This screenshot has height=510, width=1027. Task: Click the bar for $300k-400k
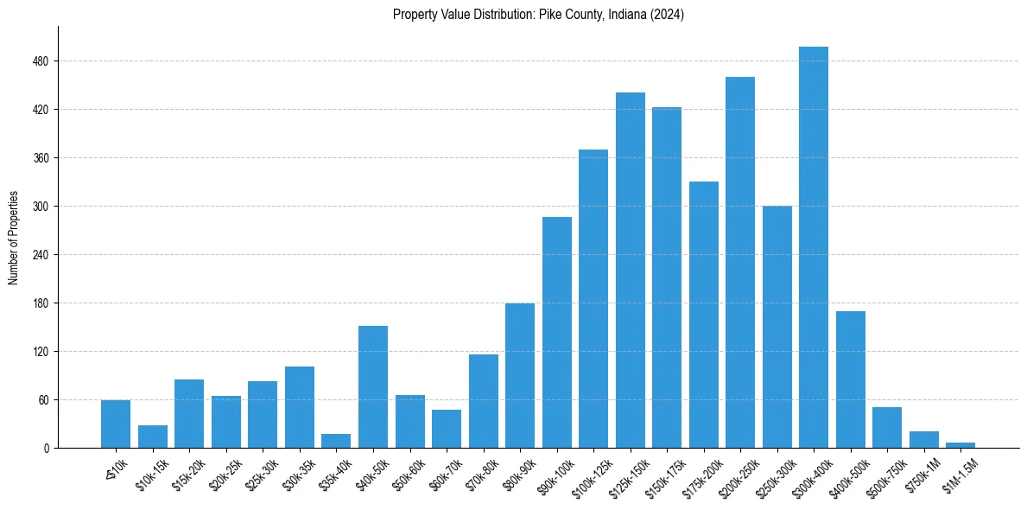[x=814, y=247]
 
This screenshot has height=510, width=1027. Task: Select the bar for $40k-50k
[x=373, y=387]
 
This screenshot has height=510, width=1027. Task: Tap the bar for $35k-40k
[x=336, y=441]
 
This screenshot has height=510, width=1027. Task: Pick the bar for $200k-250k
[x=740, y=263]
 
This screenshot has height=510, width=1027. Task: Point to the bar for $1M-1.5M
[x=960, y=445]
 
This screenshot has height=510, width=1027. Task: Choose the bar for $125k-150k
[x=631, y=271]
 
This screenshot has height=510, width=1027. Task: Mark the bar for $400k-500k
[x=851, y=379]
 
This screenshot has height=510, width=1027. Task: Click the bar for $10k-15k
[x=153, y=437]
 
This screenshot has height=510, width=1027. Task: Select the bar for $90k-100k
[x=557, y=333]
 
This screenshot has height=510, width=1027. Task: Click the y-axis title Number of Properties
[x=13, y=238]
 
